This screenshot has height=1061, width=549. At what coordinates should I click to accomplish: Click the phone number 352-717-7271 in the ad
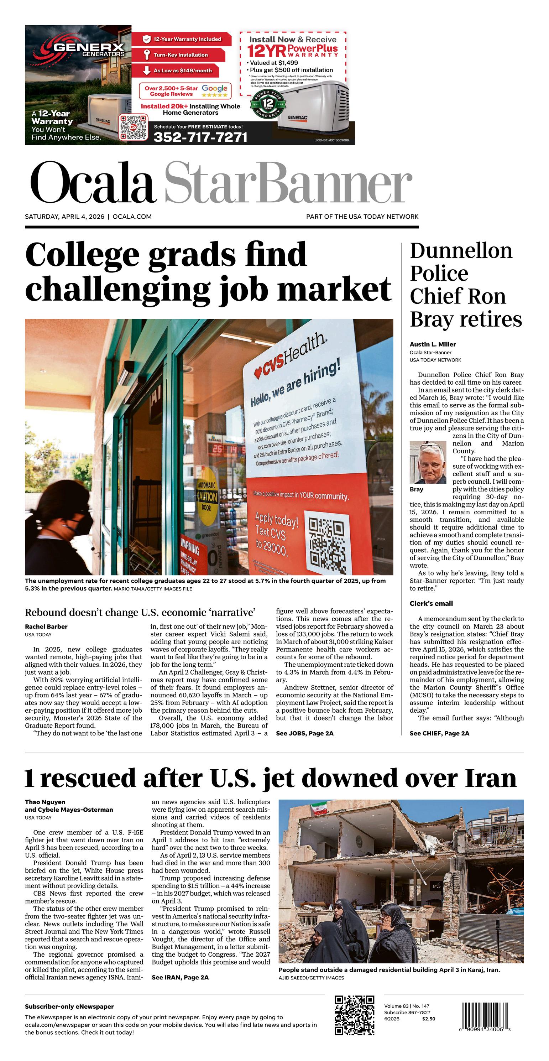[x=200, y=137]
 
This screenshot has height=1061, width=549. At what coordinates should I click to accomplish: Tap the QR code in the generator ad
[x=133, y=127]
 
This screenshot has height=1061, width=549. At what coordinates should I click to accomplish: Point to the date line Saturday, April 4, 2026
[x=65, y=217]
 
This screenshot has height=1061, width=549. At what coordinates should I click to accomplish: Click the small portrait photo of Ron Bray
[x=428, y=462]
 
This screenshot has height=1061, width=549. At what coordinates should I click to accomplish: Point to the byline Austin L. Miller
[x=433, y=344]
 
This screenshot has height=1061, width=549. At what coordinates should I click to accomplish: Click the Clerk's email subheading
[x=431, y=603]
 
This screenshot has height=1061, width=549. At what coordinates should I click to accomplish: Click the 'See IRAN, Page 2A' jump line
[x=180, y=977]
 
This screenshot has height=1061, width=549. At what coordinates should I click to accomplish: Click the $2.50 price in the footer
[x=428, y=1019]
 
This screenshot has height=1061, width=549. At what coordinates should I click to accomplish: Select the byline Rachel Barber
[x=46, y=626]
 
